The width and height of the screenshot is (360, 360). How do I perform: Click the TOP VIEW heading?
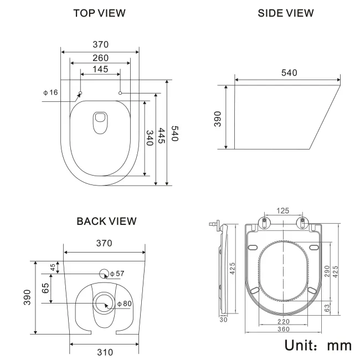coord(100,13)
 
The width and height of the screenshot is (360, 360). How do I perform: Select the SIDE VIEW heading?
coord(286,13)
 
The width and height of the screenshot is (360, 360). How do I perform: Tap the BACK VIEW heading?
coord(106,222)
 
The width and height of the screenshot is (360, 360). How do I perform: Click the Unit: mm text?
coord(318,345)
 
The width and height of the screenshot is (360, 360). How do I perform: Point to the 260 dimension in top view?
coord(100,57)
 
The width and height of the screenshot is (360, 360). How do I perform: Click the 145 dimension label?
coord(100,69)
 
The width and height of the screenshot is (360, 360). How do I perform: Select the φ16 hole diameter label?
coord(50,92)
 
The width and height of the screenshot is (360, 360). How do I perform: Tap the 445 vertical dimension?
coord(162,136)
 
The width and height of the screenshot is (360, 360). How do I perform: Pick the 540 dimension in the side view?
coord(290,73)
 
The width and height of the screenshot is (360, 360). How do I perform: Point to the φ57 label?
coord(117,274)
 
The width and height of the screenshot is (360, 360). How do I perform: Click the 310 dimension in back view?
coord(105,352)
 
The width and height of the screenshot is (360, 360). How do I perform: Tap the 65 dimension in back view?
coord(47,288)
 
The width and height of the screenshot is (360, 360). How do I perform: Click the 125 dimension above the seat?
coord(284,210)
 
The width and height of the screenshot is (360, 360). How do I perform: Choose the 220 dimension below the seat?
coord(284,321)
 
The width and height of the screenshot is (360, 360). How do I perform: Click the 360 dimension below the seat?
coord(284,330)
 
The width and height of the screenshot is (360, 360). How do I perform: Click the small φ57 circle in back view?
coord(104,273)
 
